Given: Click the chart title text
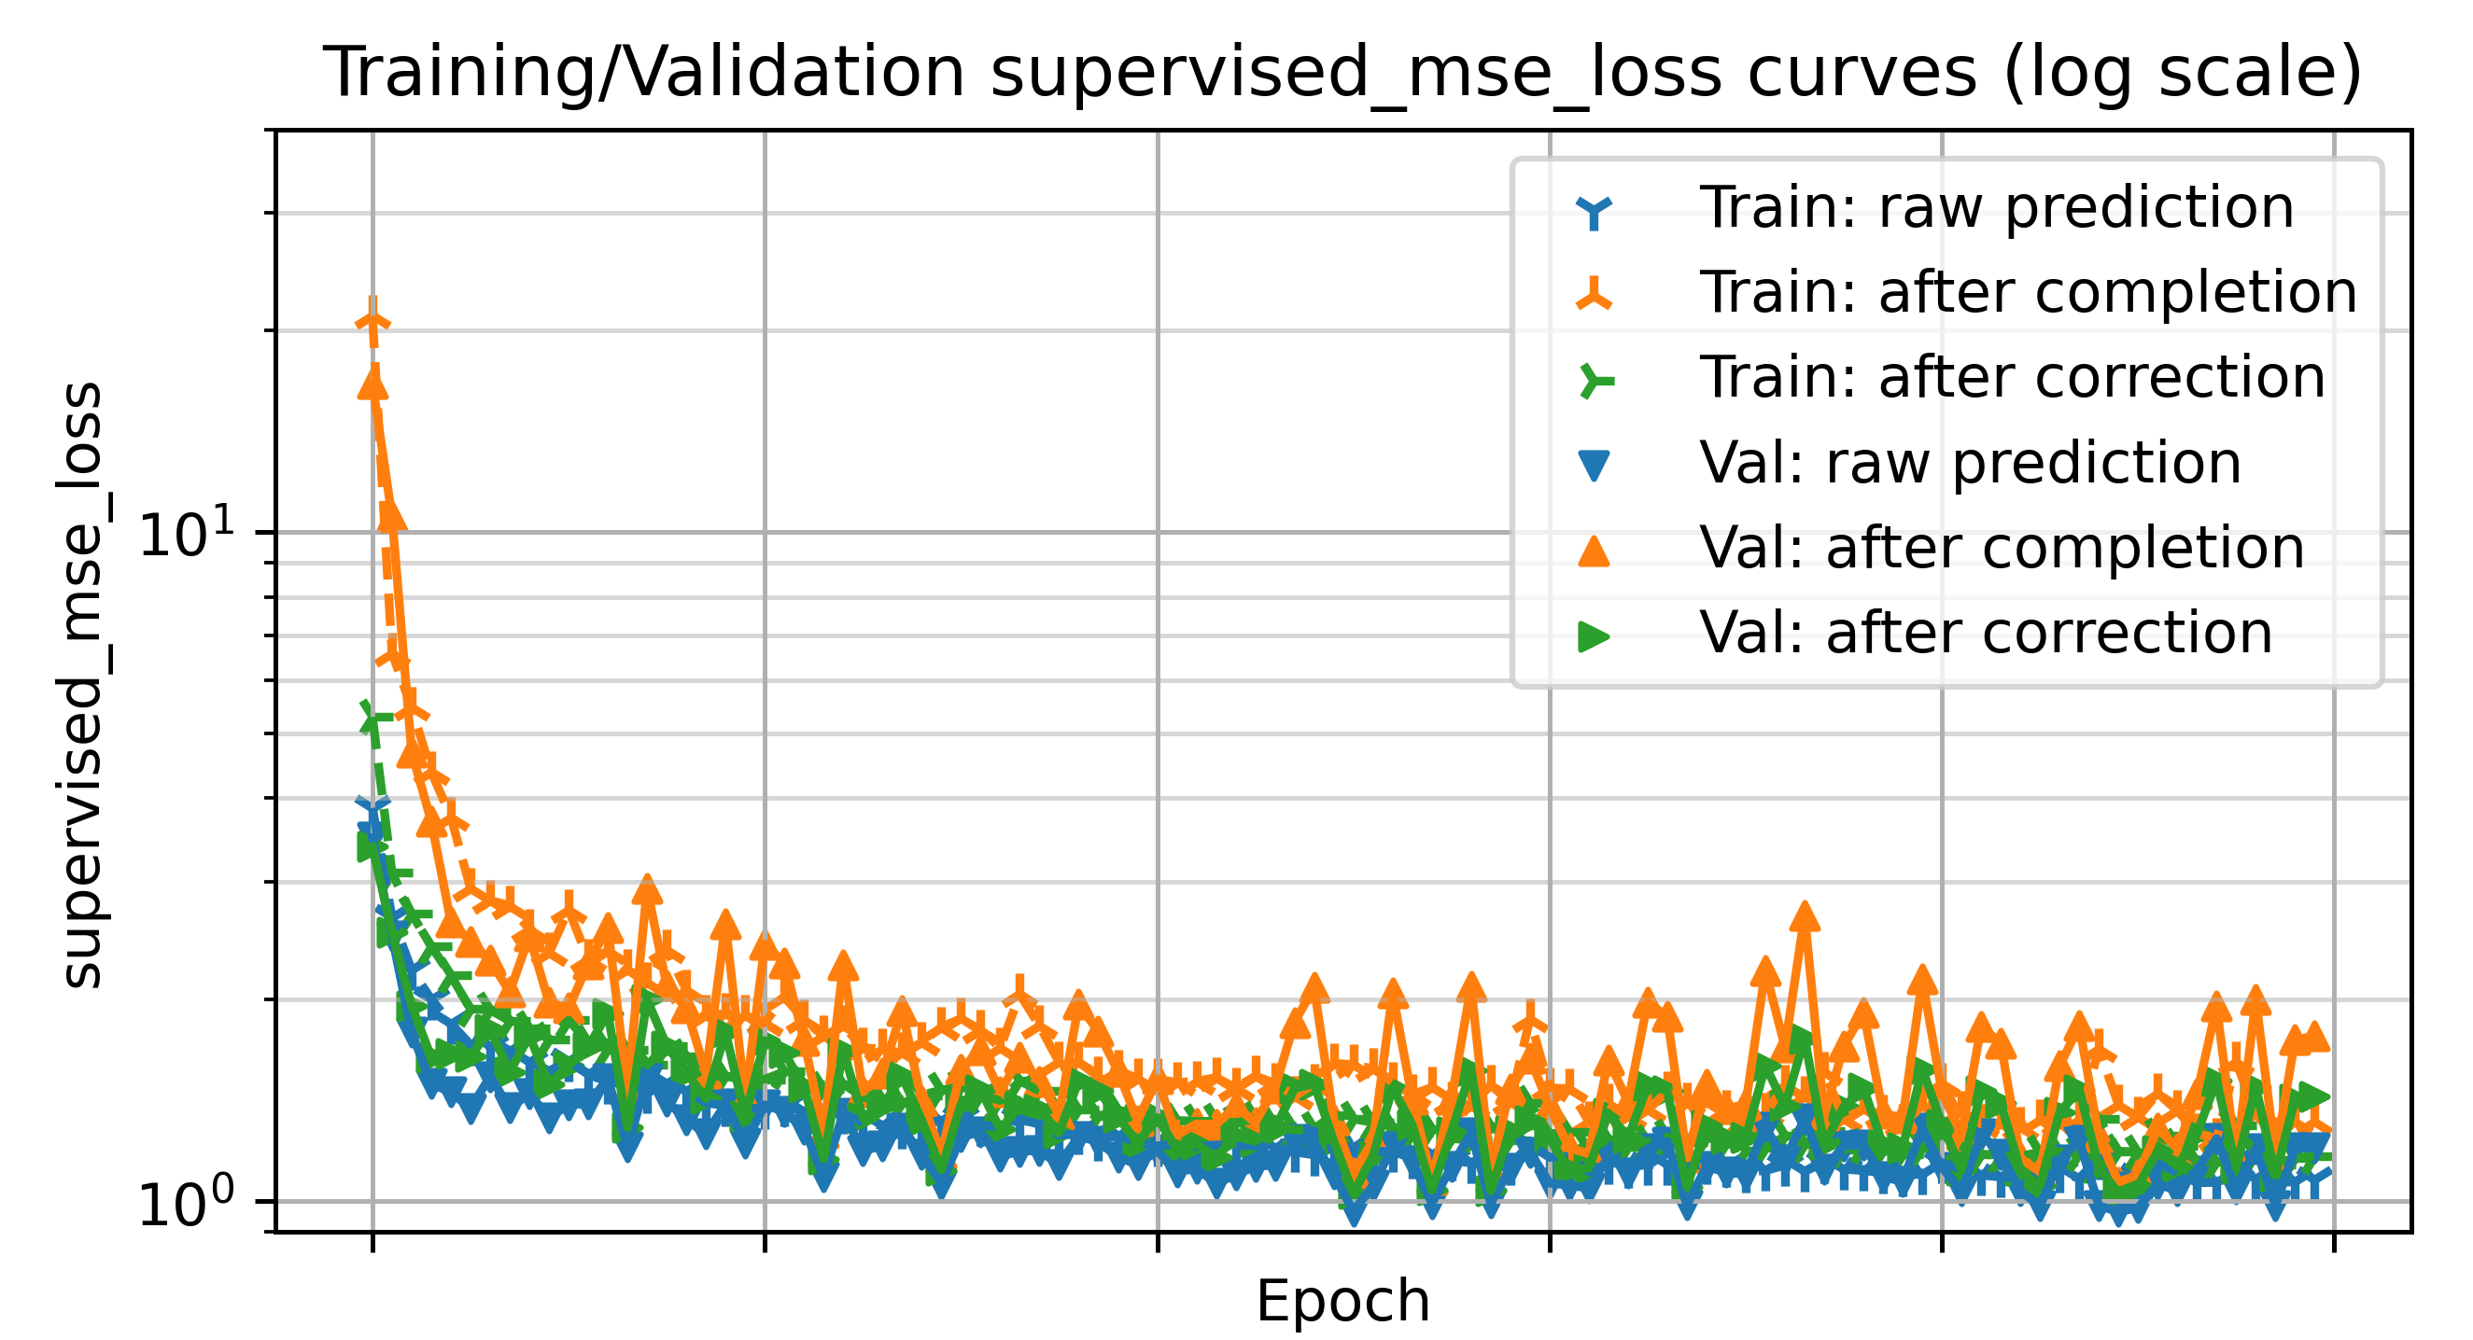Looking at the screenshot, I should click(1342, 73).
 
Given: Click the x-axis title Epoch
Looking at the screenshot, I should click(1342, 1302).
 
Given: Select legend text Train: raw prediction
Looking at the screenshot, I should click(1997, 207).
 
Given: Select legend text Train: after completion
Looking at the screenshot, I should click(2028, 293).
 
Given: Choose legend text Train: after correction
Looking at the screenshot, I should click(2012, 377).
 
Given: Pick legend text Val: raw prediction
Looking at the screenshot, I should click(1970, 464).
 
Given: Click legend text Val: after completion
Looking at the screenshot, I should click(2002, 548).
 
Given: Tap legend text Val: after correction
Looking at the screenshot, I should click(1986, 634).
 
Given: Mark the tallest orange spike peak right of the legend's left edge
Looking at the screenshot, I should click(1805, 915).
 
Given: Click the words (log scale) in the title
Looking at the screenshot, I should click(2181, 73).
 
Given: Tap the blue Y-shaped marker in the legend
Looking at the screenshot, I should click(1595, 209).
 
